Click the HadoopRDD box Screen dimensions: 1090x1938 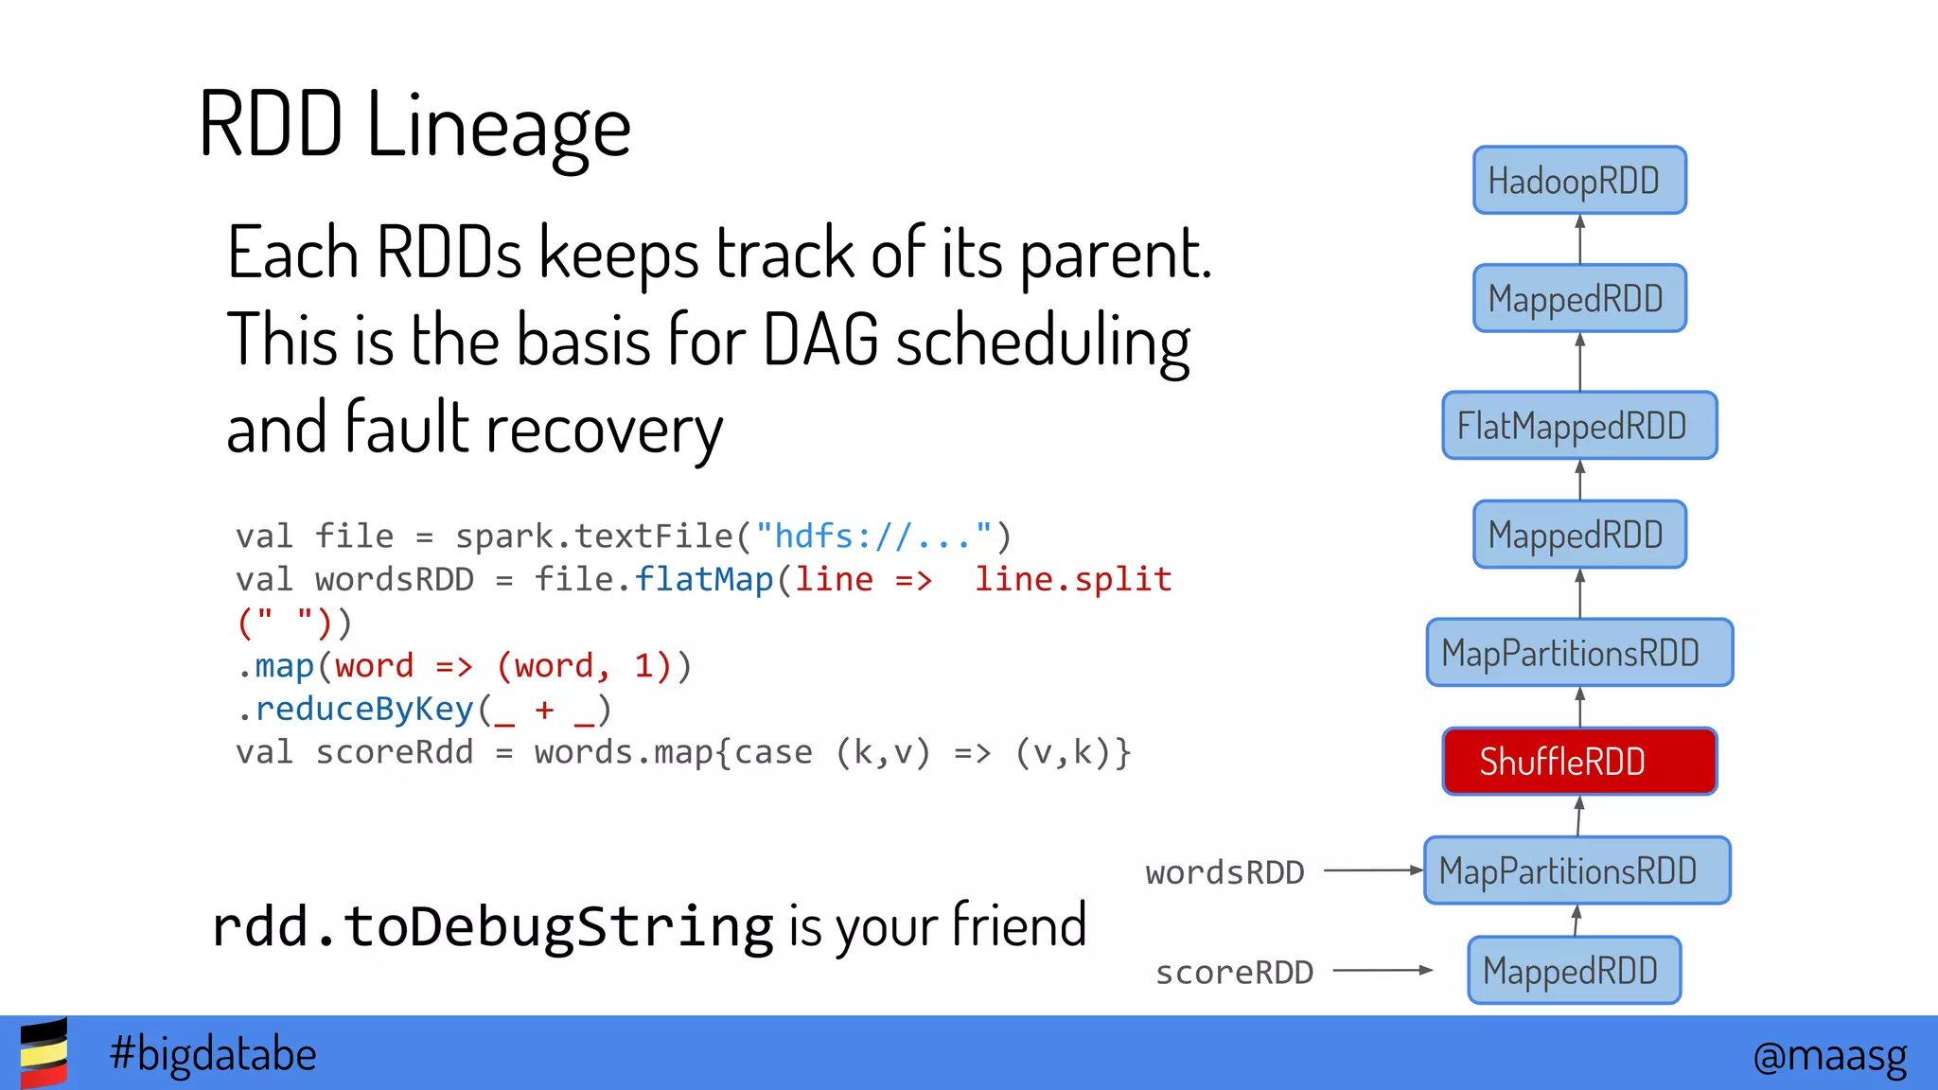point(1578,180)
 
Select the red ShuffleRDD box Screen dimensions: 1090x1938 point(1578,761)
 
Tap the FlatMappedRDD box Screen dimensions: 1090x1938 point(1578,426)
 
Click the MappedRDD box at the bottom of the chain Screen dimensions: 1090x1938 point(1573,970)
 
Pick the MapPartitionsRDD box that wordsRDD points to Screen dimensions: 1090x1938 point(1577,870)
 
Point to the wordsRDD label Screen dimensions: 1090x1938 point(1224,871)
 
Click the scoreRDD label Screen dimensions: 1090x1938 point(1234,972)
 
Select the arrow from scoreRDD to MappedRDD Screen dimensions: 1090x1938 point(1383,970)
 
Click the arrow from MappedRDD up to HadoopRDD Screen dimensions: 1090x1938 point(1579,239)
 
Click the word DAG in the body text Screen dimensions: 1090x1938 point(820,340)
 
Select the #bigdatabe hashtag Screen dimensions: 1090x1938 point(213,1054)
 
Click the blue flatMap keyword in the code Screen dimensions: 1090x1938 point(703,579)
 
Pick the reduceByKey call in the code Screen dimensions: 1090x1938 point(364,709)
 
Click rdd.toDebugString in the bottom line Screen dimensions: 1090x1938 point(492,926)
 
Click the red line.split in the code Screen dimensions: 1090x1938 point(1073,579)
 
